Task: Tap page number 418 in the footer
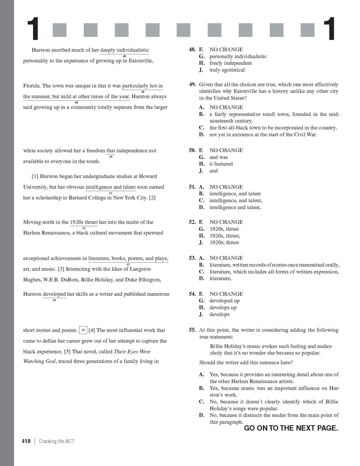(x=26, y=441)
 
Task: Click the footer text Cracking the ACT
(x=56, y=441)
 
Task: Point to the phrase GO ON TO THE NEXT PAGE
(x=291, y=428)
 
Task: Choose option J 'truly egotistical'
(x=227, y=70)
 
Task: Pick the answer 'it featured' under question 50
(x=221, y=164)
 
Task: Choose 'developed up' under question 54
(x=224, y=301)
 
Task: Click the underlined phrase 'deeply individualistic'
(x=125, y=50)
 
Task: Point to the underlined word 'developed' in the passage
(x=54, y=294)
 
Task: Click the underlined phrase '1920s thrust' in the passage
(x=84, y=222)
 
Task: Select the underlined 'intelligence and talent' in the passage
(x=110, y=187)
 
